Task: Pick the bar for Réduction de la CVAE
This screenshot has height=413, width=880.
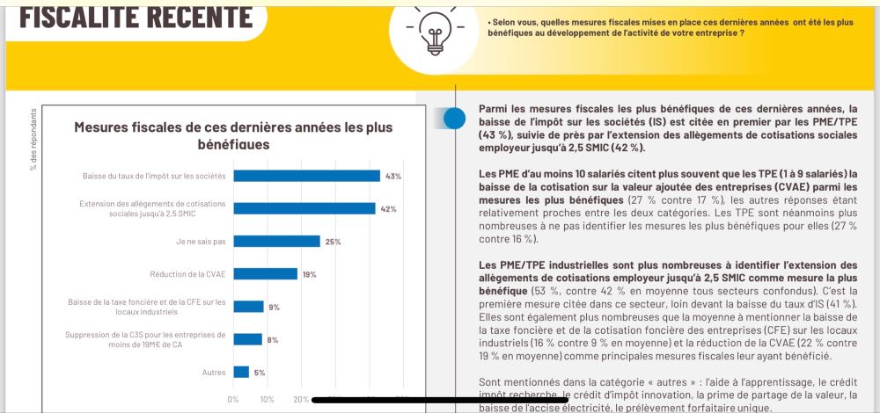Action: tap(266, 273)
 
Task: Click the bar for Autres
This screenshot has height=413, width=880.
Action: tap(241, 372)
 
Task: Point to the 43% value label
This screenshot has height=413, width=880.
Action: tap(393, 177)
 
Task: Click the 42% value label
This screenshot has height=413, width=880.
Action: tap(388, 209)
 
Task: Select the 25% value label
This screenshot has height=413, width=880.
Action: tap(333, 242)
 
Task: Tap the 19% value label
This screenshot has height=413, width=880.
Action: tap(310, 274)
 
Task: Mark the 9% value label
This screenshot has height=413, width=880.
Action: tap(275, 307)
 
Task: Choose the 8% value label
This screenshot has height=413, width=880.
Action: tap(272, 339)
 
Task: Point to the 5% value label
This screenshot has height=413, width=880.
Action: tap(260, 373)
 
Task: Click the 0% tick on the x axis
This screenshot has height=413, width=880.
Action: tap(233, 399)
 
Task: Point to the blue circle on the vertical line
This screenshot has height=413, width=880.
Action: tap(454, 118)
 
